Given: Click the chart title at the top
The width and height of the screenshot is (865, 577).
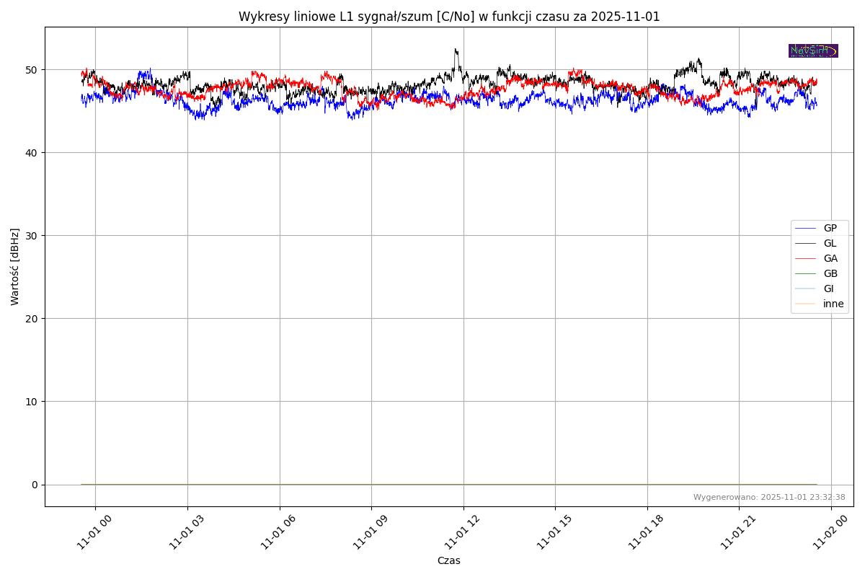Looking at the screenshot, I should (x=449, y=17).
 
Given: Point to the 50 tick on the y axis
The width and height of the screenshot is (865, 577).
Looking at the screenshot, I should (x=33, y=70).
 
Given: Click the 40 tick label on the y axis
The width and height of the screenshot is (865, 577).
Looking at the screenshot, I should (x=33, y=153).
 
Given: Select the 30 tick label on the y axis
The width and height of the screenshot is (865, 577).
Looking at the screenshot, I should (x=33, y=236).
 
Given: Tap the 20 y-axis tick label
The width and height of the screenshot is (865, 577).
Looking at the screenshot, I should (x=33, y=319).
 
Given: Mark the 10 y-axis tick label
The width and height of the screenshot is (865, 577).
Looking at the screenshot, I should (x=33, y=402).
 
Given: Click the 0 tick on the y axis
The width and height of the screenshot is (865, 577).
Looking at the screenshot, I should (x=35, y=485).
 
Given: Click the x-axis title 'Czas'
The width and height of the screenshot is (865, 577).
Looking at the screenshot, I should (x=448, y=561).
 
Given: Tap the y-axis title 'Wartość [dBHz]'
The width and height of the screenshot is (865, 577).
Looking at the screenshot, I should (x=15, y=267).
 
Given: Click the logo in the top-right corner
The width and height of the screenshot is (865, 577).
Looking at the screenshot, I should (x=813, y=50).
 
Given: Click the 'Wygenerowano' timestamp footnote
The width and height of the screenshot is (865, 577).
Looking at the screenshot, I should (x=769, y=498).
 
